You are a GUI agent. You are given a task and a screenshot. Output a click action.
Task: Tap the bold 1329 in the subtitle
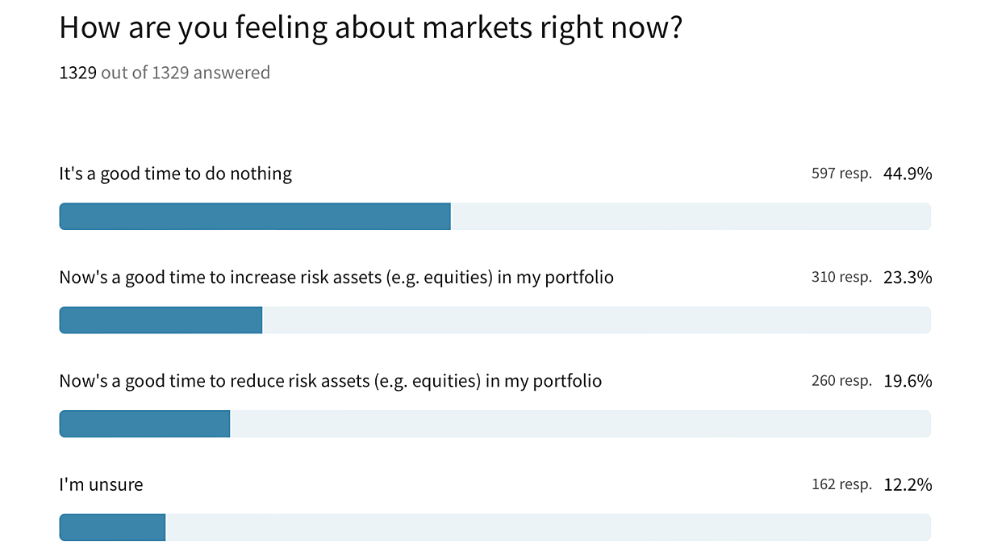coord(77,73)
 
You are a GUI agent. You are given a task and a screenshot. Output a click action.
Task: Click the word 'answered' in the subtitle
coord(232,73)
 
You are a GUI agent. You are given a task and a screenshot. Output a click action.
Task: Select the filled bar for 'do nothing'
coord(255,216)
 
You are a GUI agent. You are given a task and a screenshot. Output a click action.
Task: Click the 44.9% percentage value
coord(908,174)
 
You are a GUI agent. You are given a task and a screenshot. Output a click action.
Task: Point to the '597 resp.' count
coord(841,174)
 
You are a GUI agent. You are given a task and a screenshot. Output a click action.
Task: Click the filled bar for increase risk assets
coord(161,320)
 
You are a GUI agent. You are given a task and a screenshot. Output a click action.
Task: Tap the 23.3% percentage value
coord(908,278)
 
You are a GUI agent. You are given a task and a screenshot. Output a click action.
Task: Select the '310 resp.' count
coord(841,278)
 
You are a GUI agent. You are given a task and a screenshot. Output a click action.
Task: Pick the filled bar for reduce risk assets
coord(145,424)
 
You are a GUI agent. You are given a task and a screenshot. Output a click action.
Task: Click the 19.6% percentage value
coord(908,381)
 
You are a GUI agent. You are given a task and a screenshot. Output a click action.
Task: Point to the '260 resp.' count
coord(841,381)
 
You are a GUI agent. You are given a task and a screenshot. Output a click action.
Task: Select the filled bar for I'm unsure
coord(113,527)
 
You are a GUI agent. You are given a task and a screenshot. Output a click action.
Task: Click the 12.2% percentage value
coord(908,484)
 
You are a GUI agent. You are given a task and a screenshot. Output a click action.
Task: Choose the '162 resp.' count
coord(841,484)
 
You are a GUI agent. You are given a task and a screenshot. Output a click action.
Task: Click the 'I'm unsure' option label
coord(101,484)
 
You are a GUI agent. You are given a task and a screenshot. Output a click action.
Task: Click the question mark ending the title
coord(676,27)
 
